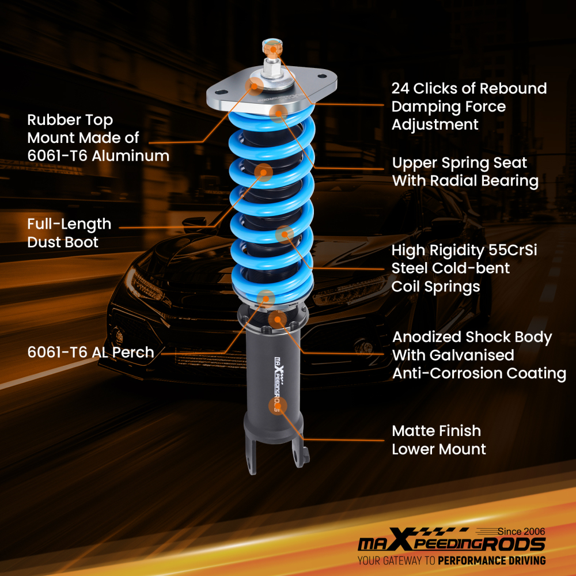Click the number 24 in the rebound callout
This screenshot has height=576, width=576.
coord(402,89)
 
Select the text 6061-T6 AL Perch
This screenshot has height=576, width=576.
coord(90,353)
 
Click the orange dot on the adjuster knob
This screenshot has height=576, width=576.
coord(272,50)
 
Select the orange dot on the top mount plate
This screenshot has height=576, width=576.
coord(253,85)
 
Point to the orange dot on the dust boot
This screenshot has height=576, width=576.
coord(264,171)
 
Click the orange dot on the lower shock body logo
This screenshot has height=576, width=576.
coord(278,405)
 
